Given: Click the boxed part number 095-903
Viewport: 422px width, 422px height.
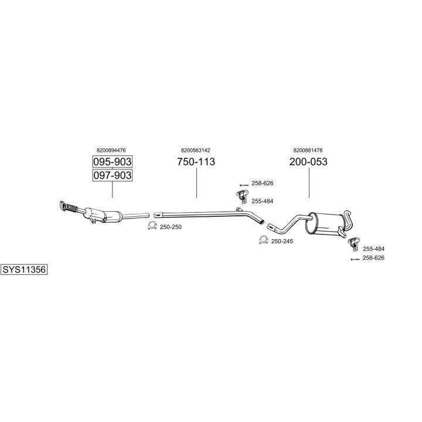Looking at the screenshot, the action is (112, 162).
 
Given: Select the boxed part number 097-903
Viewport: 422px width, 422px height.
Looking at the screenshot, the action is (112, 175).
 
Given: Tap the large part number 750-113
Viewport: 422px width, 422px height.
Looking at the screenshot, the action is (196, 162).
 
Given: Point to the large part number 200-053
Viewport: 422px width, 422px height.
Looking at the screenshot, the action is (308, 162).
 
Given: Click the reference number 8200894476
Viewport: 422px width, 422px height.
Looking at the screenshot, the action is (111, 150).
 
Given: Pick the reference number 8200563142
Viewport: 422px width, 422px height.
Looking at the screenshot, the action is (195, 150).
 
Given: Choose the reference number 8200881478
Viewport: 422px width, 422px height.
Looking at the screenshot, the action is (308, 150).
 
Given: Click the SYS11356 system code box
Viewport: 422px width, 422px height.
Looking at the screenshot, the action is (24, 270).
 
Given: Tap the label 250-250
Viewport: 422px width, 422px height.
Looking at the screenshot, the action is (171, 227).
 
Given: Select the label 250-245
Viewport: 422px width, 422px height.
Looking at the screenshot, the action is (282, 241).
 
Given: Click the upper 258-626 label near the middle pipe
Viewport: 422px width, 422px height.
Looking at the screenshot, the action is (263, 183).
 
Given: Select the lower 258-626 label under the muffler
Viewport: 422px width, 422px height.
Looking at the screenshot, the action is (373, 257).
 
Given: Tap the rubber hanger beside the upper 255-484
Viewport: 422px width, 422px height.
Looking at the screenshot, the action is (243, 196).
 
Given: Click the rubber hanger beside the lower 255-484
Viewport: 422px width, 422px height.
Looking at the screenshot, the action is (354, 244).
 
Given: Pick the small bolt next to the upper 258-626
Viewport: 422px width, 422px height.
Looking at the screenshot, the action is (244, 185).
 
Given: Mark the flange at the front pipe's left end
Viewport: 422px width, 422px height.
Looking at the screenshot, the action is (63, 206).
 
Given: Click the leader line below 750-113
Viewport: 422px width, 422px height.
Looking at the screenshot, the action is (197, 183).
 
